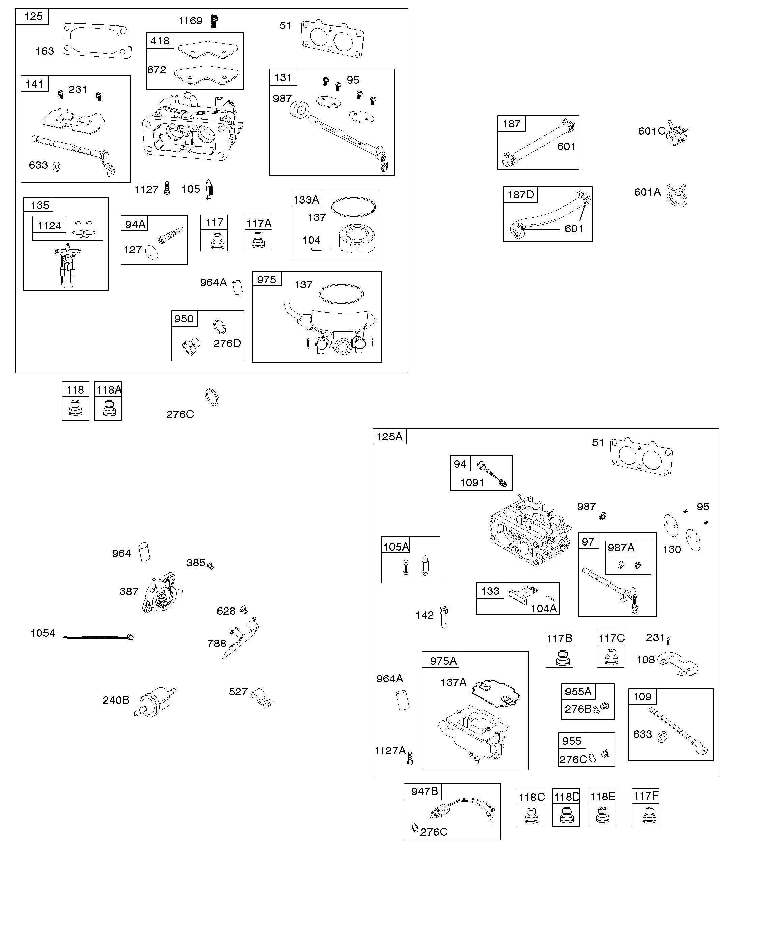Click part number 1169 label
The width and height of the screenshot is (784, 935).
point(190,21)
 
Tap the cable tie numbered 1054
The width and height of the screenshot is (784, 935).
point(98,637)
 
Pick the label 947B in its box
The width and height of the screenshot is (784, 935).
point(424,791)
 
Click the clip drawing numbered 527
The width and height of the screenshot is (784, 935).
point(262,698)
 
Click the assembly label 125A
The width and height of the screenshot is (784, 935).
point(389,437)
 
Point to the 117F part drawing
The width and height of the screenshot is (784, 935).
point(645,816)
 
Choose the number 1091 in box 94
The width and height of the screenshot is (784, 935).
point(472,482)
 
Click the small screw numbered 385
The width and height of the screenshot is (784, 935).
point(211,565)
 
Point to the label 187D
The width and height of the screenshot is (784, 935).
point(521,194)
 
